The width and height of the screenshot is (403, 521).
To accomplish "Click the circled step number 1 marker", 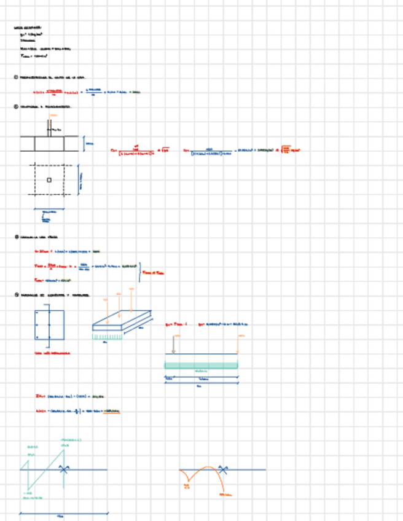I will pos(15,77).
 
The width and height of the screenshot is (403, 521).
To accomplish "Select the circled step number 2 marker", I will pos(15,106).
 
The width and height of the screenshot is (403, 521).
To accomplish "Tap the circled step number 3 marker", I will pos(15,237).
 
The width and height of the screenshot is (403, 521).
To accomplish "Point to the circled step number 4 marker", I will pos(15,295).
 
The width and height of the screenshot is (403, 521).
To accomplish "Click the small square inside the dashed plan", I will pos(49,180).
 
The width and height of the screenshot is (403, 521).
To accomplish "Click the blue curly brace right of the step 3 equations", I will pos(140,272).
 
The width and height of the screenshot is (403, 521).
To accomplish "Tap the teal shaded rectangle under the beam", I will pos(201,366).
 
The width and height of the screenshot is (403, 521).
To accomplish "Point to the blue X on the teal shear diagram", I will pos(63,469).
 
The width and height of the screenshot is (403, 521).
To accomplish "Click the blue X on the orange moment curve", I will pos(225,470).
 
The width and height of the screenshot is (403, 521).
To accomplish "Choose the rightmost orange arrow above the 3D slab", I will pos(131,297).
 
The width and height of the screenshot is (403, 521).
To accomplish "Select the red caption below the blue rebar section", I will pos(52,353).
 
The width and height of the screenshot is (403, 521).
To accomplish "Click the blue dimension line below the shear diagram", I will pos(64,513).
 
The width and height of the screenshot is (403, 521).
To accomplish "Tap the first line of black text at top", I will pos(28,28).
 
